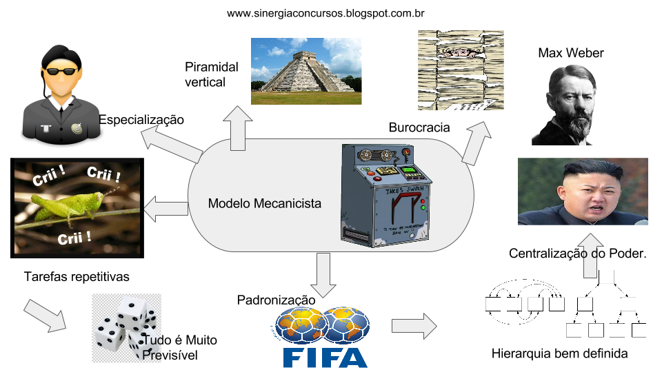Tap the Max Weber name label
coord(570,53)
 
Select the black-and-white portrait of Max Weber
coord(563,105)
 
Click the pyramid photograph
coord(305,71)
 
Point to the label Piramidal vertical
coord(211,74)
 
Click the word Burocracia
coord(419,127)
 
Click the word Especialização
coord(141,120)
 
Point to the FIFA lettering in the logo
coord(324,358)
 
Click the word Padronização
coord(276,300)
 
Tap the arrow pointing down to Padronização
coord(323,272)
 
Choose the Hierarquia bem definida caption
coord(559,354)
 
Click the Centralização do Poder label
coord(578,254)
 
